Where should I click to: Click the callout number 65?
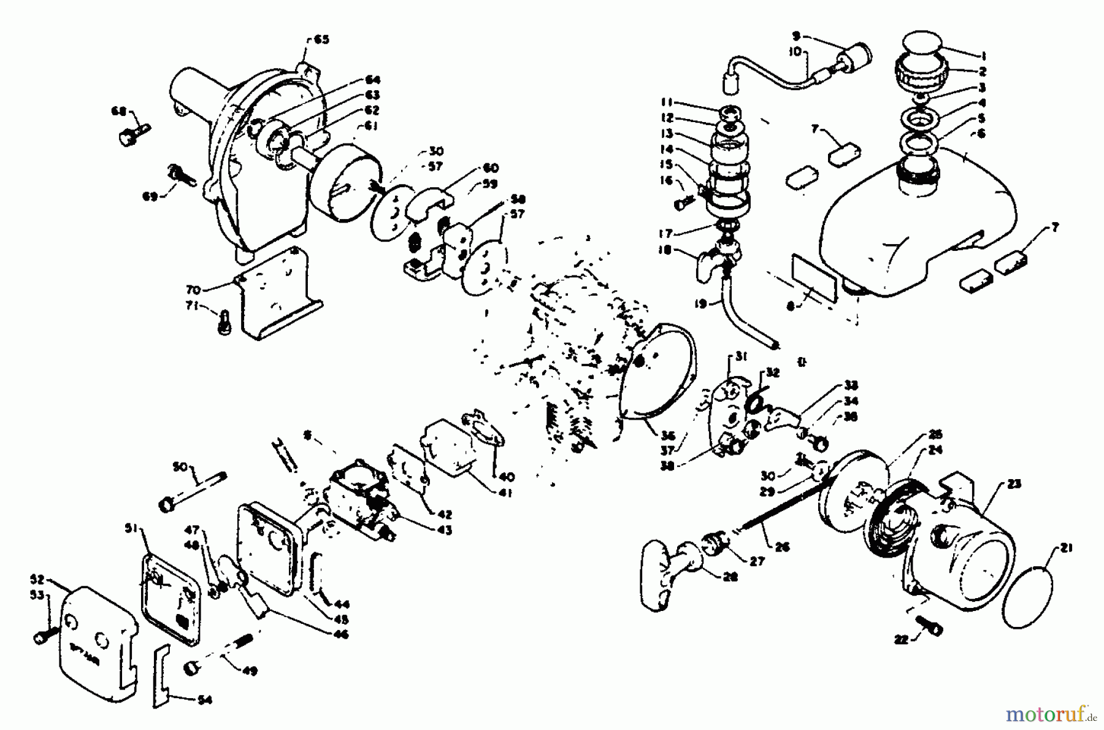[321, 40]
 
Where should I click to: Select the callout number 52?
[37, 578]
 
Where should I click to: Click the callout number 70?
[194, 288]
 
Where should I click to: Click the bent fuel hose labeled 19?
[742, 319]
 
